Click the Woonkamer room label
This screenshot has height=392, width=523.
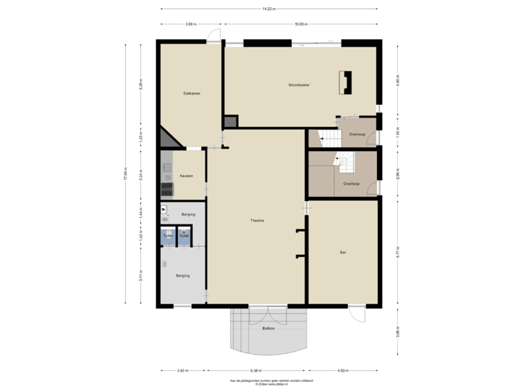[299, 85]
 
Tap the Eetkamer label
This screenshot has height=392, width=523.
[192, 94]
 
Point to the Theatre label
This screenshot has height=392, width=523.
[256, 221]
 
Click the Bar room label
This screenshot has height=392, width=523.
[343, 253]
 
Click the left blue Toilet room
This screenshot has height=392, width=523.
[169, 235]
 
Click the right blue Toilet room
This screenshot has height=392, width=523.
[185, 235]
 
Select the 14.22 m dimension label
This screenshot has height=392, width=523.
[269, 9]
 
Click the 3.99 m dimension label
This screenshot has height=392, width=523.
[190, 24]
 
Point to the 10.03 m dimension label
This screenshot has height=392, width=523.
[301, 24]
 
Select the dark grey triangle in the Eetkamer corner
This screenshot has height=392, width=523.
[166, 138]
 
